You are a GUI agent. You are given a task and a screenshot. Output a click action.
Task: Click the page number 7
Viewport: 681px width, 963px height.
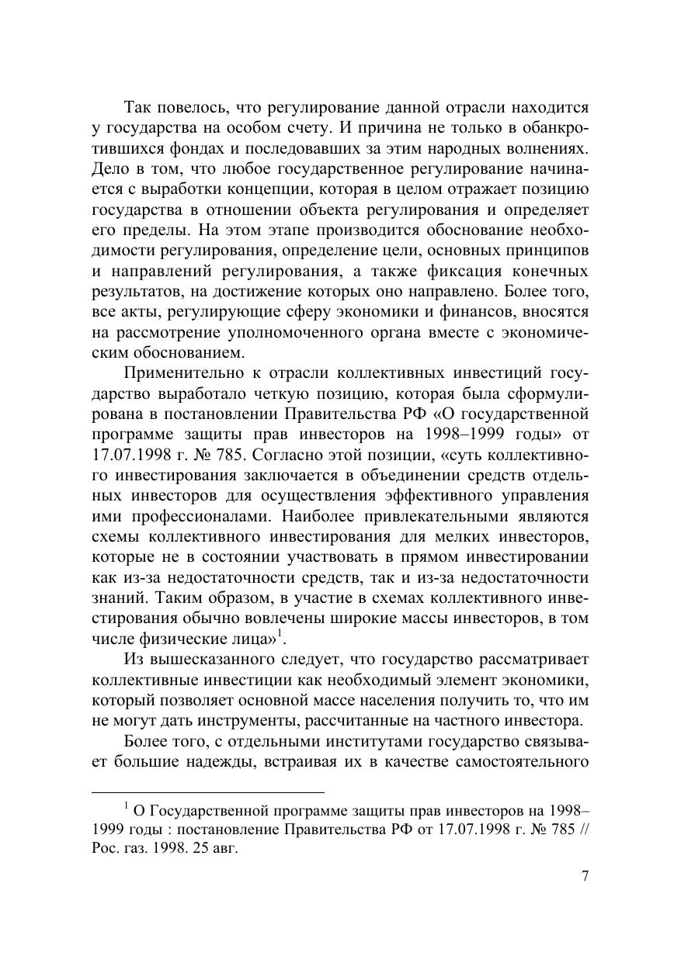[x=585, y=875]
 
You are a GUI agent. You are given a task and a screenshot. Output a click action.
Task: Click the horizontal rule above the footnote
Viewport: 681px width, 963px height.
[x=207, y=792]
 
